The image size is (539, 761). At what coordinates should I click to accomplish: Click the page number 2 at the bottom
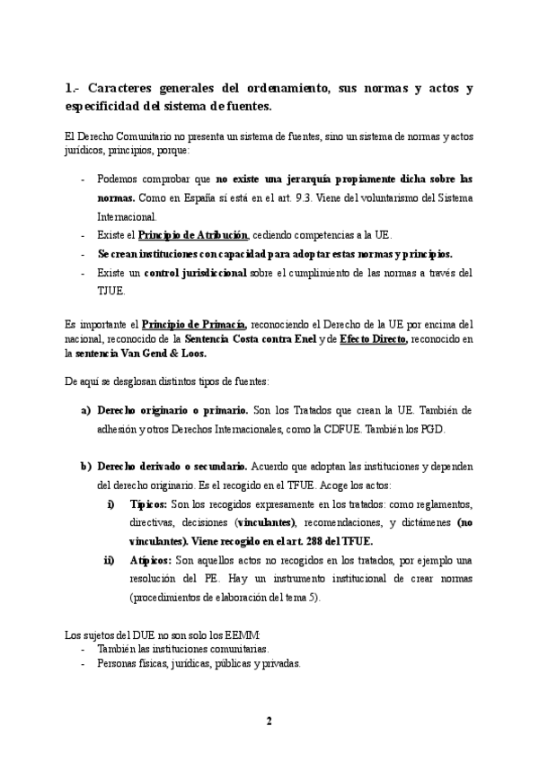click(x=269, y=721)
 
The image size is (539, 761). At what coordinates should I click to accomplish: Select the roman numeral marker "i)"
click(x=110, y=504)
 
